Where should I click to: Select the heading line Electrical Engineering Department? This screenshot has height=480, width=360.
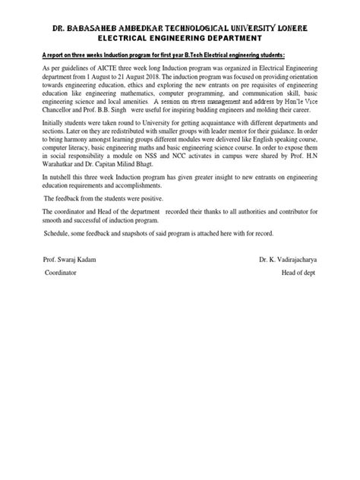[x=180, y=37]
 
